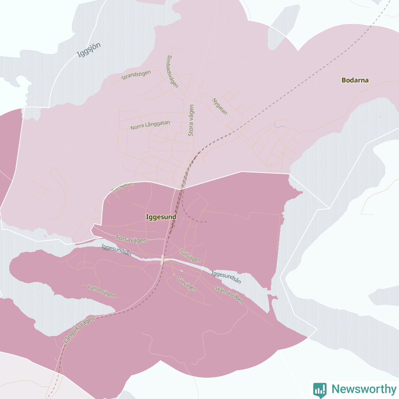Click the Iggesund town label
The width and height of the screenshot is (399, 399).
click(x=161, y=217)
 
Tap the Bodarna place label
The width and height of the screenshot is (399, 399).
click(x=355, y=80)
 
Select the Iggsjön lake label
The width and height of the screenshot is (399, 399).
click(x=89, y=50)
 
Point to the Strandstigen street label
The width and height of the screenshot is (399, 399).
click(x=136, y=75)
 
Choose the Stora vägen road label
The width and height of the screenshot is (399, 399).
click(x=191, y=120)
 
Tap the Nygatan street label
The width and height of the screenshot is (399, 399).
click(x=220, y=106)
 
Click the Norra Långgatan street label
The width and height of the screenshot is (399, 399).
click(x=150, y=125)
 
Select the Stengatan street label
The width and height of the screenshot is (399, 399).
click(x=122, y=187)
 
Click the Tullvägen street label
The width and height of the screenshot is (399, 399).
click(x=190, y=255)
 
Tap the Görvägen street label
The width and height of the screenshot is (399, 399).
click(x=186, y=284)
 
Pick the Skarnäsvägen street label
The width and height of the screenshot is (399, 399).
click(x=229, y=294)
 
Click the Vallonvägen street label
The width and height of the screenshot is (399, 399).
click(x=102, y=291)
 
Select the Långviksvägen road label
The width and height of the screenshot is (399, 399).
click(x=79, y=330)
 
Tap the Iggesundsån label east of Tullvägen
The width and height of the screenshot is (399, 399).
click(x=226, y=277)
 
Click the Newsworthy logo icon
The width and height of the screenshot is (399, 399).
click(x=320, y=389)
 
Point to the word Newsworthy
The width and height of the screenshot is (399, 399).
click(x=364, y=389)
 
